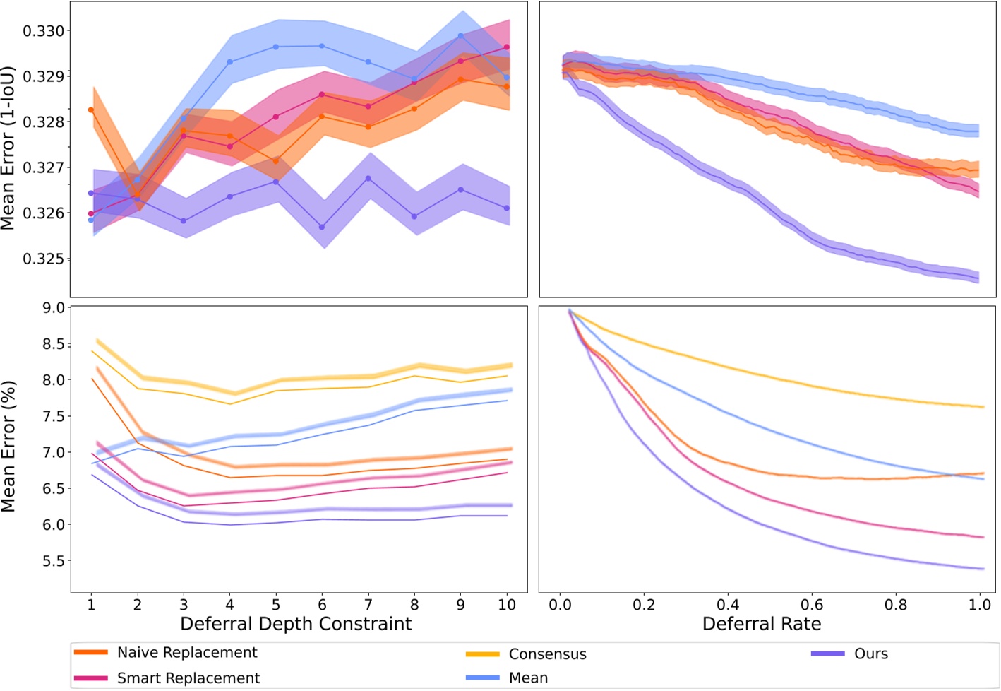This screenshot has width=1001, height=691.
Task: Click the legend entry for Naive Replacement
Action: [x=187, y=653]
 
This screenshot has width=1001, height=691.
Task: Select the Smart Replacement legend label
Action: [x=188, y=678]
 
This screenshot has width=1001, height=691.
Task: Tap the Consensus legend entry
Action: [x=547, y=654]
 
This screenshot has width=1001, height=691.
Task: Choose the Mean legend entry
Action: [x=528, y=678]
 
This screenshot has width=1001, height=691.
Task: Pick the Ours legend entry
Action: [x=871, y=654]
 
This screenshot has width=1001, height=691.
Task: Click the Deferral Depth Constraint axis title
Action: [x=296, y=624]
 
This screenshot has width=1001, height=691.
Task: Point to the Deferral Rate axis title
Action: [x=762, y=624]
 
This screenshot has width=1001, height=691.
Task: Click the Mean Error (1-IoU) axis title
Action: [x=8, y=148]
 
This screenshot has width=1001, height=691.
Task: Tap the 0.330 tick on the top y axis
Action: [x=43, y=31]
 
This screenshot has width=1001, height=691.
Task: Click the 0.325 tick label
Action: [x=43, y=259]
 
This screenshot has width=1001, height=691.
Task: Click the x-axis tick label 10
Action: [x=506, y=605]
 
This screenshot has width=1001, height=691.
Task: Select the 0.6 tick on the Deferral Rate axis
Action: [x=812, y=605]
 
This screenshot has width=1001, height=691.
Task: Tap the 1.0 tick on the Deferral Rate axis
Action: [x=980, y=605]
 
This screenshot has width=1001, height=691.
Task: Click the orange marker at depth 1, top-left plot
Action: [x=91, y=110]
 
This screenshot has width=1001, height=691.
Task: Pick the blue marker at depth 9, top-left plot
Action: [x=461, y=35]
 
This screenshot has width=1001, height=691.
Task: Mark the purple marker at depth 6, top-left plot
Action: [x=322, y=227]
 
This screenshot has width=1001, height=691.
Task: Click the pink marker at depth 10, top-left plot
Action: [x=507, y=47]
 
